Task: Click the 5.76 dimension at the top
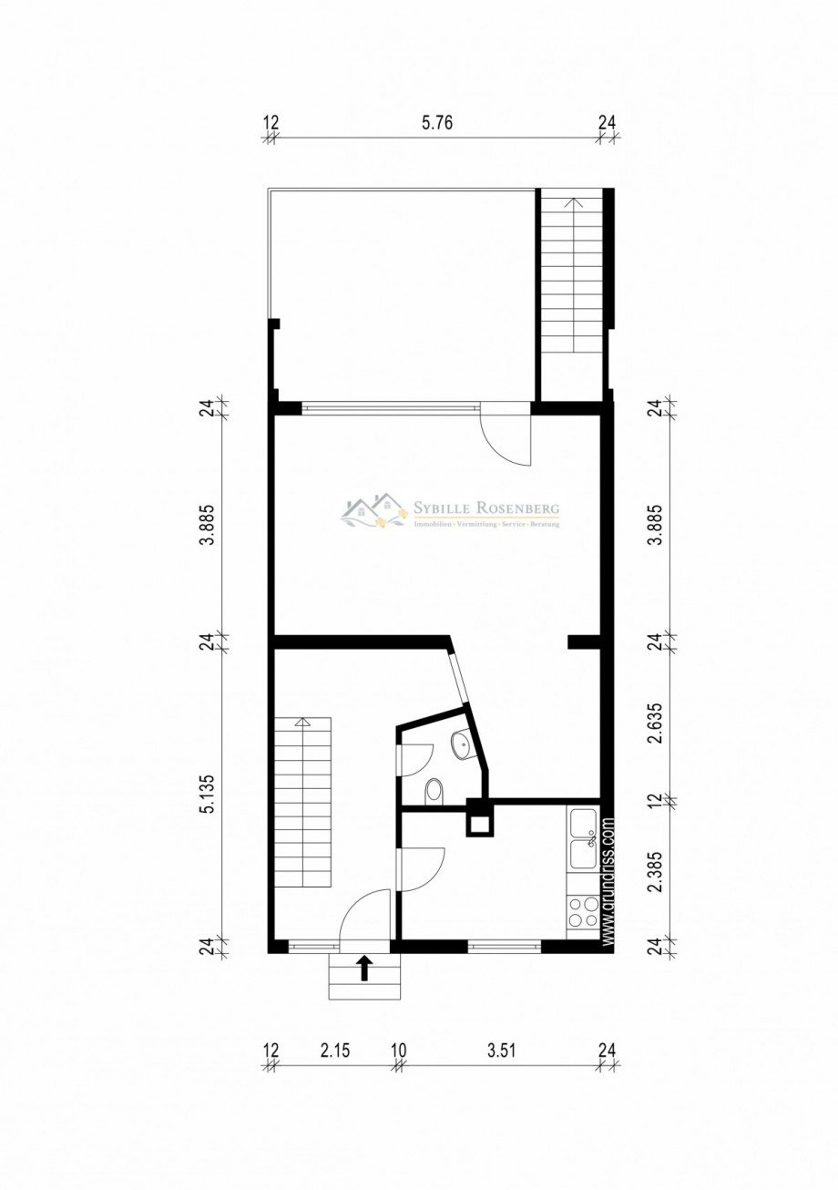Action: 437,124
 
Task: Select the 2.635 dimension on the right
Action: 652,722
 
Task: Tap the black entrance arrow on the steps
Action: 364,968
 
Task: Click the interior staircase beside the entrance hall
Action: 303,802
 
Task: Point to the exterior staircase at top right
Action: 573,273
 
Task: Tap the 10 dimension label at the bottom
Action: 398,1051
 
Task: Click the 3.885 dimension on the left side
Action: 209,526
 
